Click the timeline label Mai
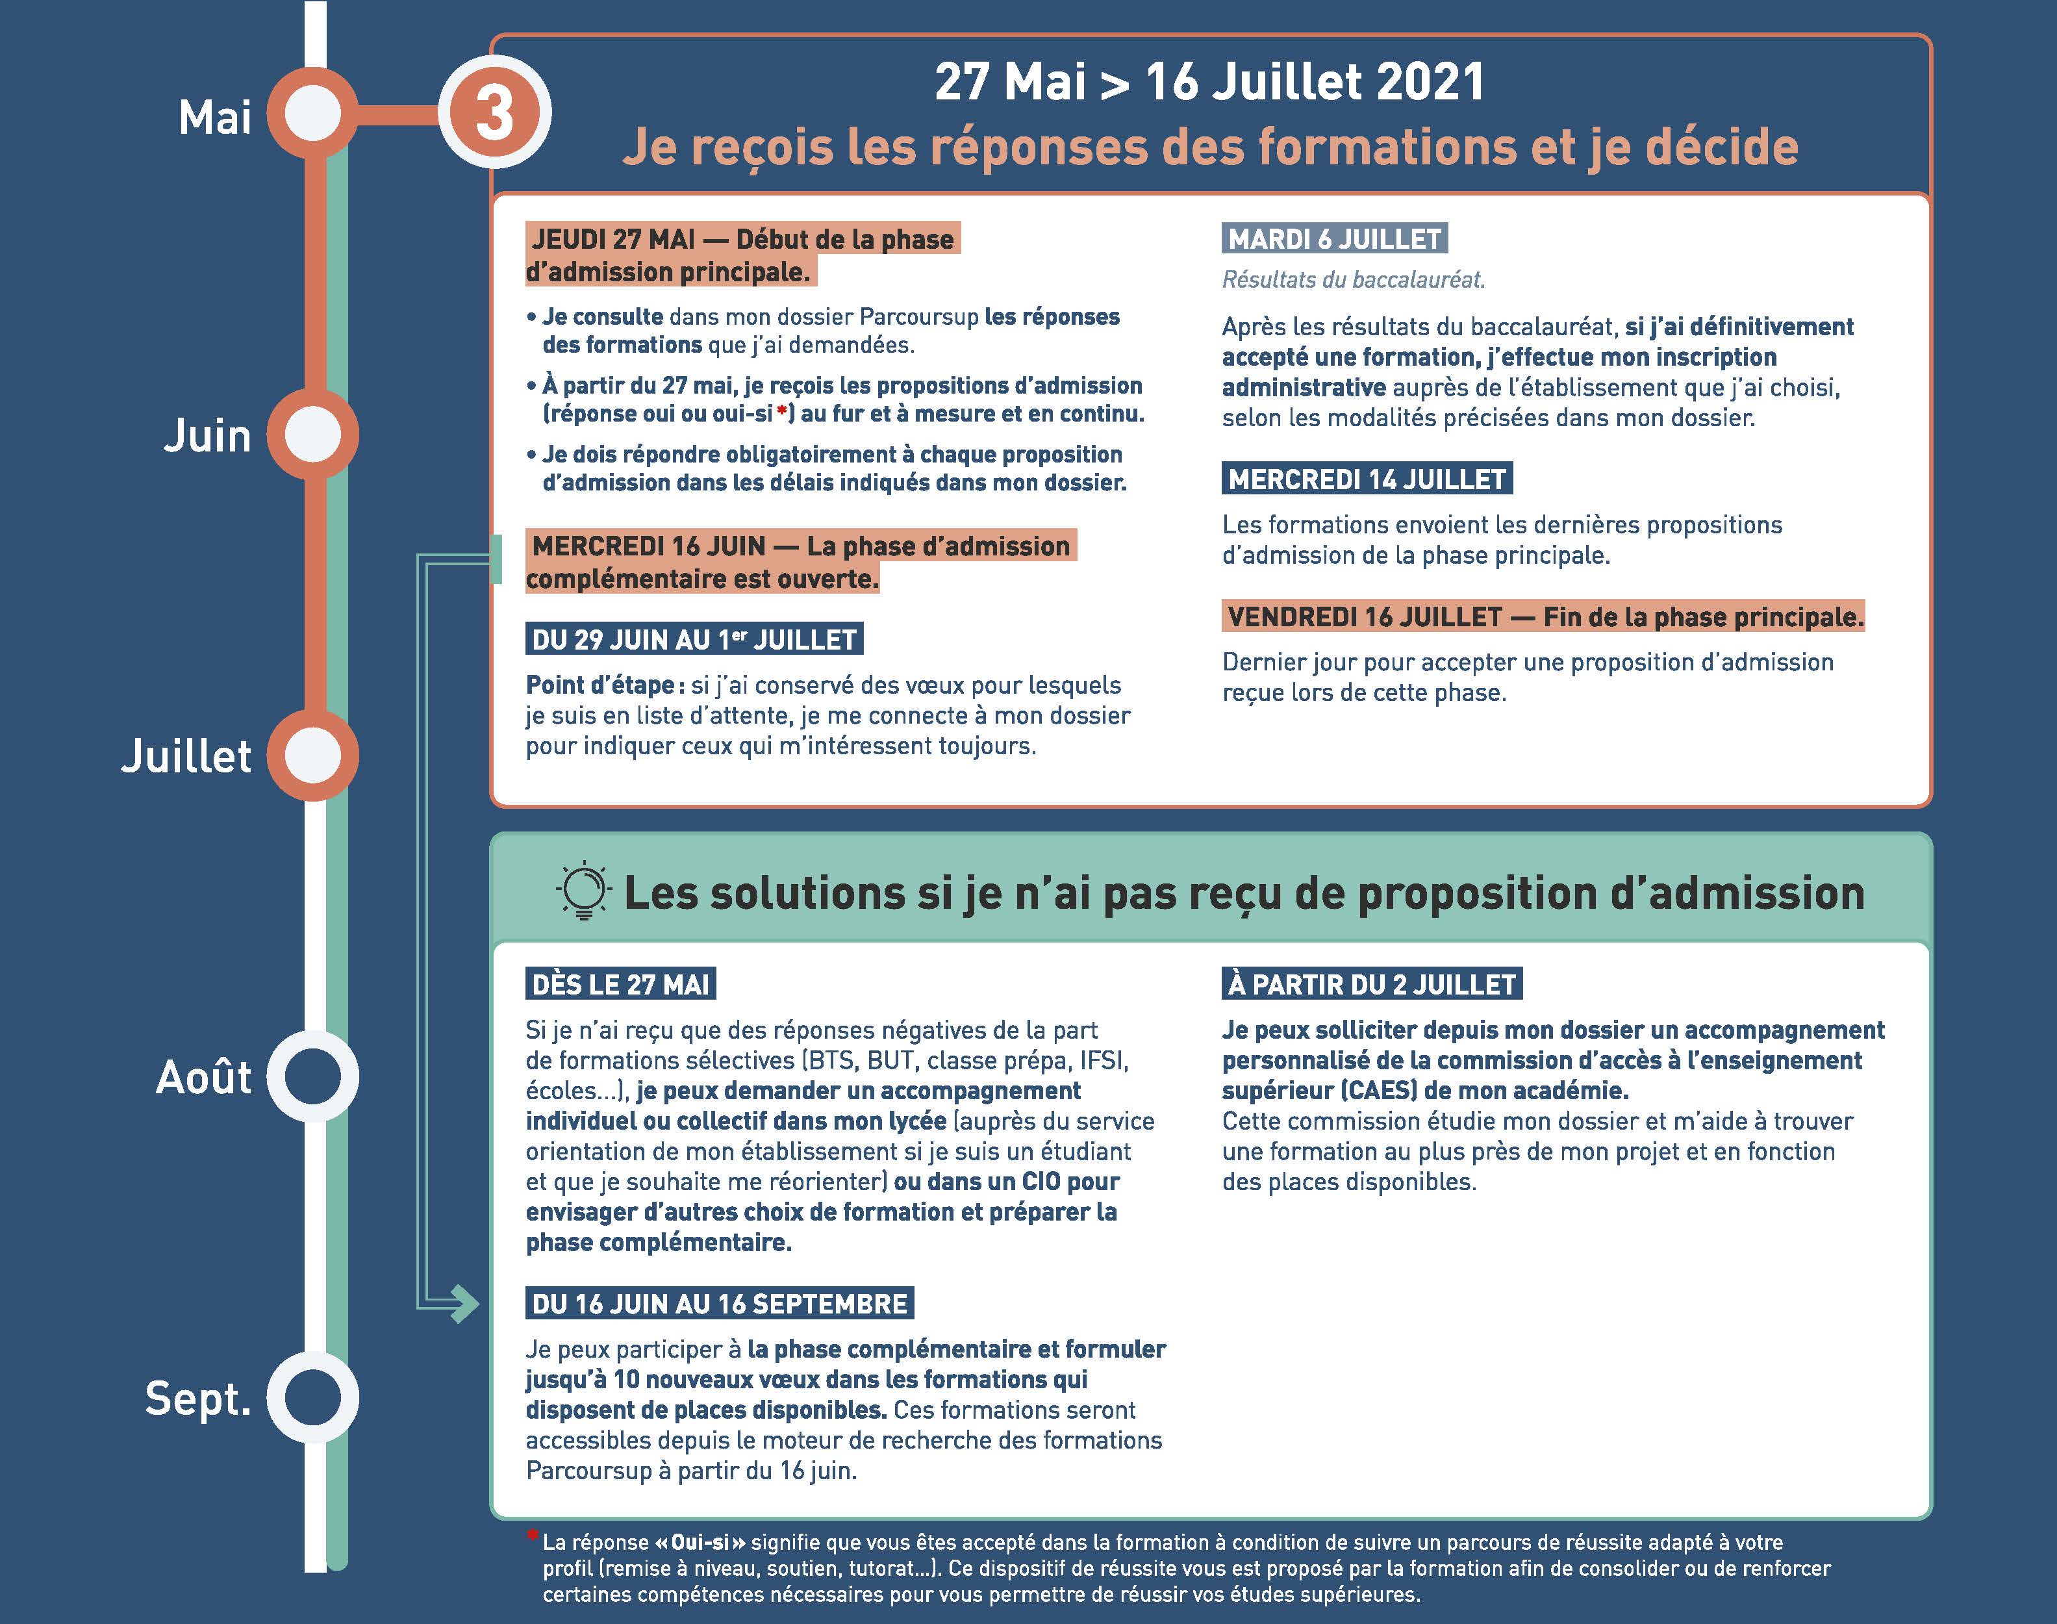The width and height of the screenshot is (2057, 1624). (x=215, y=118)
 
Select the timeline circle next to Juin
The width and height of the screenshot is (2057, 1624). (x=312, y=435)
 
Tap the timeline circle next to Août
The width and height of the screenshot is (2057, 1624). (x=312, y=1076)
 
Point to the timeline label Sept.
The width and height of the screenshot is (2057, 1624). (x=197, y=1398)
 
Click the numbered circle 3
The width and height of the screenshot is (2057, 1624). (x=494, y=113)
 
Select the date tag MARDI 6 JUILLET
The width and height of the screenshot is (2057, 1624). (x=1335, y=238)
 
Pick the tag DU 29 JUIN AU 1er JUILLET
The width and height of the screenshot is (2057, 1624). (x=694, y=640)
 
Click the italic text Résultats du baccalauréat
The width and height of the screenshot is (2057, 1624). (x=1353, y=279)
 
